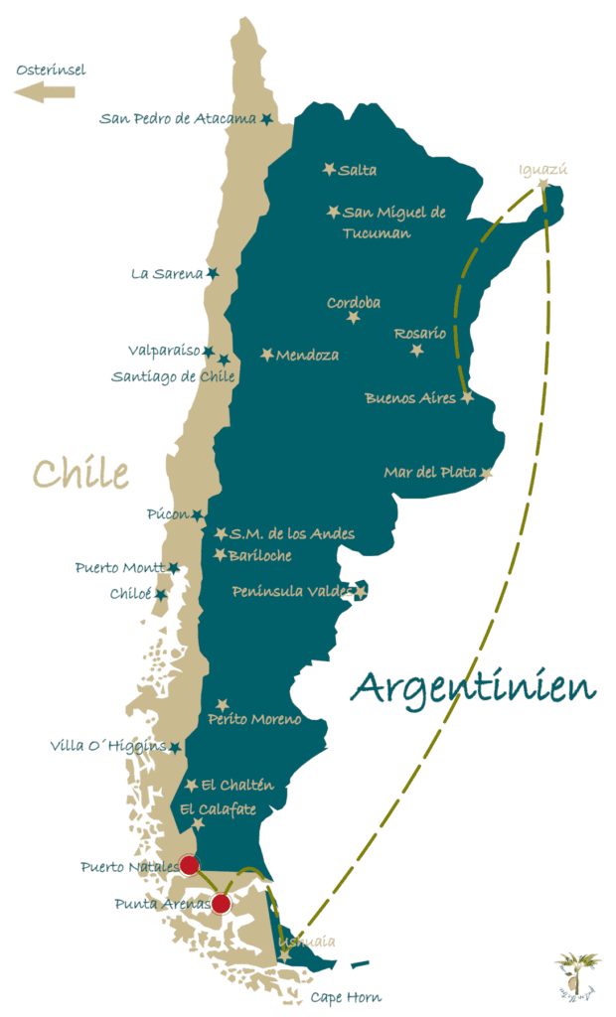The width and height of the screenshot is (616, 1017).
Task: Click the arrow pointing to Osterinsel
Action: pyautogui.click(x=44, y=92)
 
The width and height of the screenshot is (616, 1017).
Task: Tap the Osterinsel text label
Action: pyautogui.click(x=52, y=70)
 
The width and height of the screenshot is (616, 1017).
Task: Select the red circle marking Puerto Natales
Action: pyautogui.click(x=189, y=865)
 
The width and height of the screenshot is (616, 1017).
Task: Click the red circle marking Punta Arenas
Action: pyautogui.click(x=221, y=903)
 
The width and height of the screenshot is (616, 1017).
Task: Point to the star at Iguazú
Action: pyautogui.click(x=542, y=184)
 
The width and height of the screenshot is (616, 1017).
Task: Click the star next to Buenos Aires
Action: pyautogui.click(x=466, y=396)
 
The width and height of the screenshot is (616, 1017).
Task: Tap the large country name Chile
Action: pyautogui.click(x=80, y=473)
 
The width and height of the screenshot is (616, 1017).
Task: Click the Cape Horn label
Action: pyautogui.click(x=346, y=997)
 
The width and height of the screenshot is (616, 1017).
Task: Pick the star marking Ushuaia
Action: pyautogui.click(x=285, y=955)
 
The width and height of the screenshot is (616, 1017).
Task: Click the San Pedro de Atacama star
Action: pyautogui.click(x=266, y=119)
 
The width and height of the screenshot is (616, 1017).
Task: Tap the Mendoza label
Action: pyautogui.click(x=307, y=355)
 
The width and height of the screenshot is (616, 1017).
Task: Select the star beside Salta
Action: pyautogui.click(x=329, y=170)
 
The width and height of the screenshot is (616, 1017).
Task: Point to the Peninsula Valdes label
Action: pyautogui.click(x=292, y=592)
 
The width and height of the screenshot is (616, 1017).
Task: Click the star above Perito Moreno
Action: pyautogui.click(x=223, y=704)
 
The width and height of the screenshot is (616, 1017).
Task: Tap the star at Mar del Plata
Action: pyautogui.click(x=486, y=473)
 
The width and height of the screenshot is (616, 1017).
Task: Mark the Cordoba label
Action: pyautogui.click(x=354, y=302)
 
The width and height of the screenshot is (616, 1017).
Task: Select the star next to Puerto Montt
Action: pyautogui.click(x=173, y=568)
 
